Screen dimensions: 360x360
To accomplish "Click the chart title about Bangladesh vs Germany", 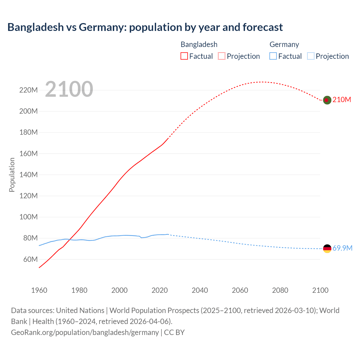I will tap(145, 27).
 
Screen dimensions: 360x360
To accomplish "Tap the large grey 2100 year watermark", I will tap(69, 89).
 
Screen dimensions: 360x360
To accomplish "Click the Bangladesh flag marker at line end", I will tap(327, 100).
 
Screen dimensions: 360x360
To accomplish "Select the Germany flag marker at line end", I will tap(327, 248).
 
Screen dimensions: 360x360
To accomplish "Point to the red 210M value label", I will tap(342, 100).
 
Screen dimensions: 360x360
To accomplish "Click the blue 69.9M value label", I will tap(342, 248).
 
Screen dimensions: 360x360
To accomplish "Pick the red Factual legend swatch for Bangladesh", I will tap(184, 56).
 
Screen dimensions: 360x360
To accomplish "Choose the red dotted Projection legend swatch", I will tap(222, 56).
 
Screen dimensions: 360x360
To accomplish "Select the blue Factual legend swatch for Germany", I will tap(273, 56).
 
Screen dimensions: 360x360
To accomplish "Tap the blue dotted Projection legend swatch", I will tap(311, 56).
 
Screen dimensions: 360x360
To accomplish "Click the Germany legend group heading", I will tap(284, 44).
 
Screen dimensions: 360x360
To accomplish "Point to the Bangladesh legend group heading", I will tap(199, 44).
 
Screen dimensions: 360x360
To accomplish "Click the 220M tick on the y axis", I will tap(28, 90).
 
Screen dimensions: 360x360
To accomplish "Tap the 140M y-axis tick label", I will tap(28, 175).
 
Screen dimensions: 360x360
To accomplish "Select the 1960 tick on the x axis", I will tap(39, 290).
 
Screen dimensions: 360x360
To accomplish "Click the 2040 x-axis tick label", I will tap(200, 290).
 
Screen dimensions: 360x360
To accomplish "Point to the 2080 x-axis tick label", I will tap(280, 290).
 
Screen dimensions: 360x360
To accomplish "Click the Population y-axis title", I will tap(12, 175).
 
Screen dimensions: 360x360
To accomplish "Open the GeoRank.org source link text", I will tap(85, 332).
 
